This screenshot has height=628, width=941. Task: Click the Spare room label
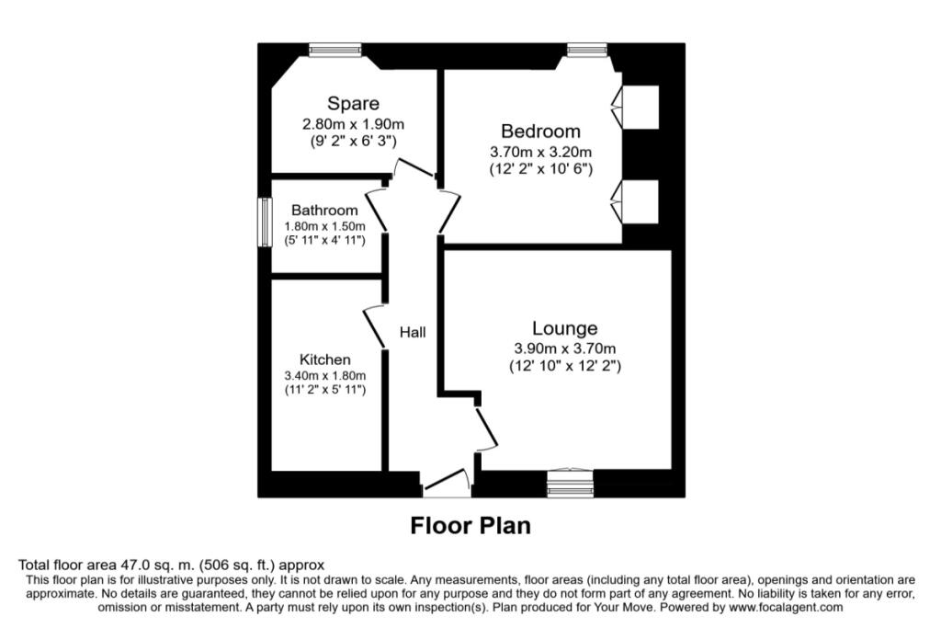click(353, 104)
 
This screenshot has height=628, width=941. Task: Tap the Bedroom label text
click(540, 131)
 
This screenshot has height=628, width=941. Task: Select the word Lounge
click(564, 328)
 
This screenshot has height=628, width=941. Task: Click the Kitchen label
click(324, 360)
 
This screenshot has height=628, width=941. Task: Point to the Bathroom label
click(324, 211)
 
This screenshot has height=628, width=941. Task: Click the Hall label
click(412, 332)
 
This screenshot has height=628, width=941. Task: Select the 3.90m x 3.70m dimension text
click(564, 348)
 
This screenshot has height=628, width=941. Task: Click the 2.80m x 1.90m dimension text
click(354, 123)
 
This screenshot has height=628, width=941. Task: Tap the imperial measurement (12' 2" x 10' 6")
click(540, 169)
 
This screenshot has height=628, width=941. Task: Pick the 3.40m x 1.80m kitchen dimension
click(325, 375)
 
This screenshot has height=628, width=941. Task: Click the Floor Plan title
click(470, 526)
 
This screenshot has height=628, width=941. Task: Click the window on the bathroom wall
click(264, 222)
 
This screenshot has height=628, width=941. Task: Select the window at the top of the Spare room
click(327, 51)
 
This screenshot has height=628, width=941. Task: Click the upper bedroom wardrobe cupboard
click(641, 107)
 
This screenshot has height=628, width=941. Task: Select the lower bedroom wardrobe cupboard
click(641, 200)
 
